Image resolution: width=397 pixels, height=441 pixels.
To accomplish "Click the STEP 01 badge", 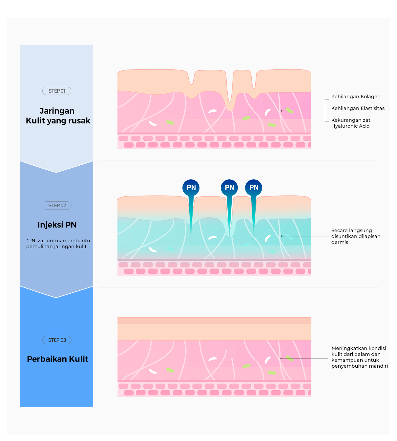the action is click(x=57, y=91).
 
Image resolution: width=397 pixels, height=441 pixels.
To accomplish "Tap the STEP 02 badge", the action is click(x=57, y=205).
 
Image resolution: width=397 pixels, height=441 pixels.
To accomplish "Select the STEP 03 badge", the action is click(x=57, y=340).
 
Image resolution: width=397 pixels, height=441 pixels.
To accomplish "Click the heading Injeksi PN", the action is click(x=57, y=225).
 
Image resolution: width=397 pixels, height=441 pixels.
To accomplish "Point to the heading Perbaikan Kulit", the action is click(x=58, y=359).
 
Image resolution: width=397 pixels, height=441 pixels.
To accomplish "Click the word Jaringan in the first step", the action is click(x=57, y=111).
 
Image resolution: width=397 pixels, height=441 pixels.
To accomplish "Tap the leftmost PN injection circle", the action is click(x=191, y=187).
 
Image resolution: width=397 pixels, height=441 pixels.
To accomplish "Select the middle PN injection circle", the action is click(x=229, y=187).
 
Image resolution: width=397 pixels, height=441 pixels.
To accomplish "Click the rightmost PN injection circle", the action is click(x=254, y=187).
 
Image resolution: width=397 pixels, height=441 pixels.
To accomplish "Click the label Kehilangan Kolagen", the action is click(x=356, y=97).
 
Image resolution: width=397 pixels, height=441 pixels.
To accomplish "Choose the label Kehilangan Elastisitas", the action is click(x=358, y=108).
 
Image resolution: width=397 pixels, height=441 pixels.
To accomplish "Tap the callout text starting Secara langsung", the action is click(x=356, y=236).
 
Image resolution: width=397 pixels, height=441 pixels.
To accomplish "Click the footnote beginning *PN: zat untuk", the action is click(x=58, y=243).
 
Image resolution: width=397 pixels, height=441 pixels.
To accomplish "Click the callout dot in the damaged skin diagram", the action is click(x=282, y=111).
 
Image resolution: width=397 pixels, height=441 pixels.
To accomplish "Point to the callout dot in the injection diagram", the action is click(x=282, y=236).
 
